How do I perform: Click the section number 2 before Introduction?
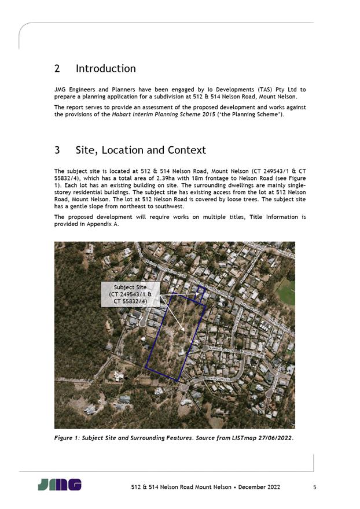click(57, 69)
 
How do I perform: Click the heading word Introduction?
click(105, 69)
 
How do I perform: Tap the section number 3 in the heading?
click(57, 150)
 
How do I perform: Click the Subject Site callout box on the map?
click(130, 294)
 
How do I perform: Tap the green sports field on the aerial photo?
click(286, 292)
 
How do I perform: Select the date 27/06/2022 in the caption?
click(271, 437)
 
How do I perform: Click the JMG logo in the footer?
click(60, 485)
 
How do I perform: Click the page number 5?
click(314, 487)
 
